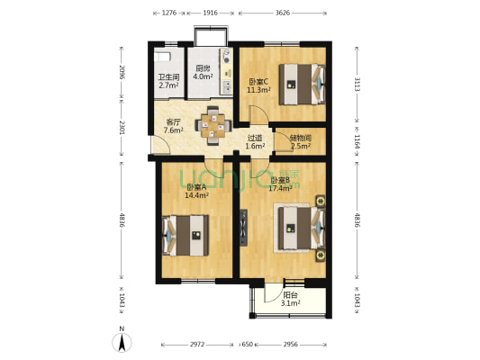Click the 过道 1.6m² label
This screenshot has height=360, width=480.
pyautogui.click(x=255, y=141)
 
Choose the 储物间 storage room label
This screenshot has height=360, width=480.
pyautogui.click(x=300, y=141)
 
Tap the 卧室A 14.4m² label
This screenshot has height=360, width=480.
pyautogui.click(x=195, y=191)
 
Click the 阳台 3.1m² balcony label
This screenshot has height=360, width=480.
pyautogui.click(x=290, y=300)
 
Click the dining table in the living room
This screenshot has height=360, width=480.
pyautogui.click(x=213, y=125)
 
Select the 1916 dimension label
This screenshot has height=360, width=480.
pyautogui.click(x=210, y=13)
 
